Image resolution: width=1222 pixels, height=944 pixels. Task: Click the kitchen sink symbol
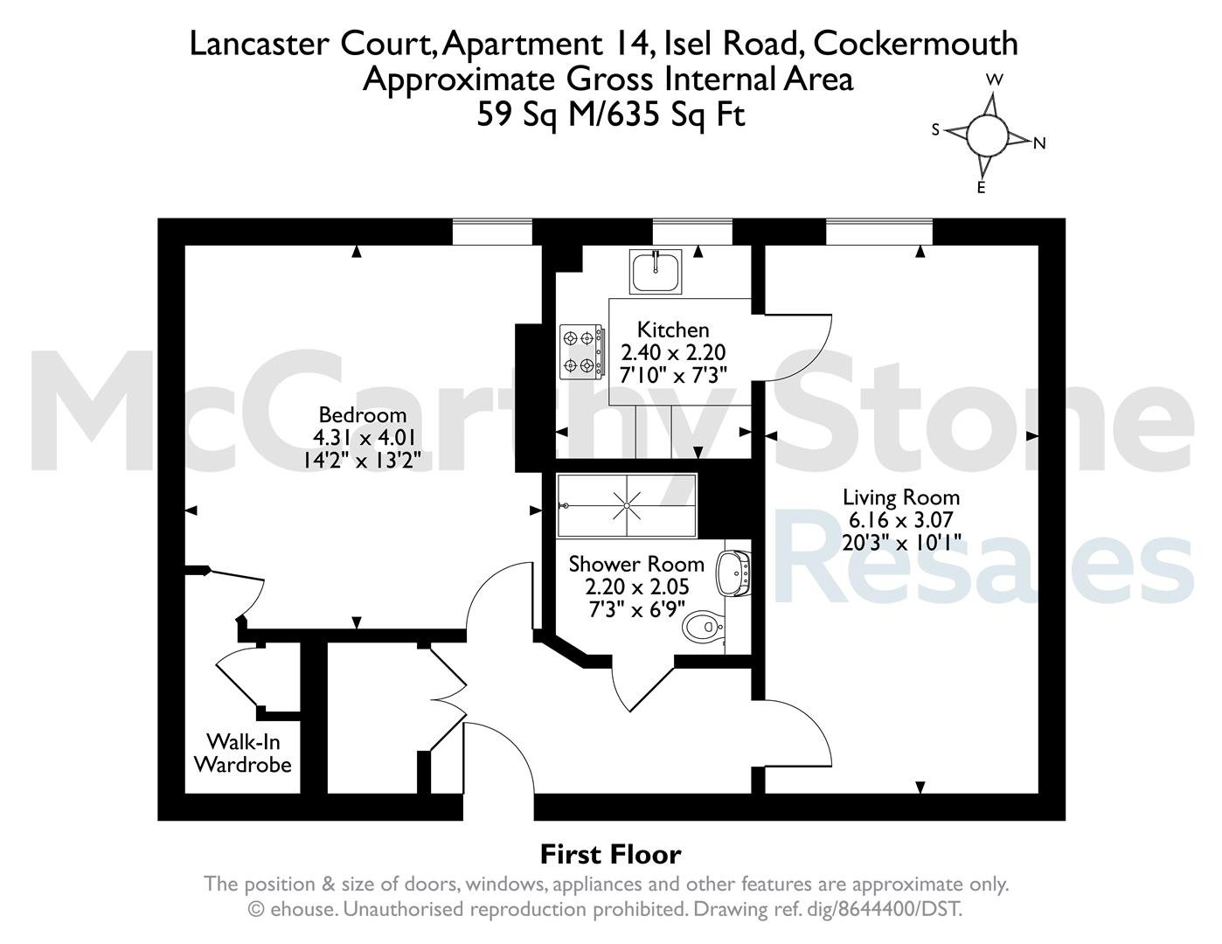click(656, 272)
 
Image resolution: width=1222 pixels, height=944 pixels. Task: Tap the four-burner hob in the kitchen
click(581, 351)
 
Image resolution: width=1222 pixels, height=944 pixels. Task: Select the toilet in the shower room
click(703, 625)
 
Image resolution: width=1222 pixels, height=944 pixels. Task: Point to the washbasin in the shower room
click(733, 573)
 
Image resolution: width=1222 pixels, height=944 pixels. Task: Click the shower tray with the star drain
click(627, 505)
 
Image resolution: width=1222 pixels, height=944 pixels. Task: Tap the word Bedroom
click(363, 415)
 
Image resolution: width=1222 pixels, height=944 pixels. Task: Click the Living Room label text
click(901, 497)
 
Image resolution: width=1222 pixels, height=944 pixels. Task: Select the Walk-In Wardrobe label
click(243, 753)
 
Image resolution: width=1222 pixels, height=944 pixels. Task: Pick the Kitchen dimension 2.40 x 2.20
click(673, 352)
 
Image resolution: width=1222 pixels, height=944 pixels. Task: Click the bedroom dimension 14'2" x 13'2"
click(362, 461)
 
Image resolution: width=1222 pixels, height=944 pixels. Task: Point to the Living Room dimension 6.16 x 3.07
click(901, 520)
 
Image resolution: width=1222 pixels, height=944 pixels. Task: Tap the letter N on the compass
click(1039, 143)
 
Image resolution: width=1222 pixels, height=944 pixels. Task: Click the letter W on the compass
click(995, 80)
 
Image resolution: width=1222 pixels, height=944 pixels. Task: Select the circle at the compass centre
click(988, 135)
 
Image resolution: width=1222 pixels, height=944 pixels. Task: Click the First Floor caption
click(611, 855)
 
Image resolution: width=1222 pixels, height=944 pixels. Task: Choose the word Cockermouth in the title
click(915, 44)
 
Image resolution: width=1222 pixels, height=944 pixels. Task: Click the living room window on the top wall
click(879, 232)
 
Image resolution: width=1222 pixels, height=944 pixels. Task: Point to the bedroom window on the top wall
click(492, 232)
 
